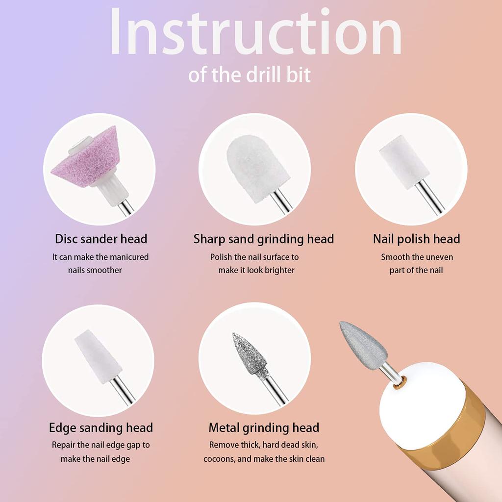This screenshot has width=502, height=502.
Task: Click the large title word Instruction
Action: tap(255, 31)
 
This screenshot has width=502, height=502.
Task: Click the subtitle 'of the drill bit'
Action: tap(250, 75)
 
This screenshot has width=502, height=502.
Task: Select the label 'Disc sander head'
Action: tap(101, 239)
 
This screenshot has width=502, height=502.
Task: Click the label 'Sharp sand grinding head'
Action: tap(263, 239)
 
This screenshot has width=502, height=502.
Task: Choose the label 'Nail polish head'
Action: tap(416, 239)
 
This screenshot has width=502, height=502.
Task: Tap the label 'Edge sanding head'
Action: tap(101, 427)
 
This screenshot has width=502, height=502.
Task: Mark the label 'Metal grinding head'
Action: tap(264, 427)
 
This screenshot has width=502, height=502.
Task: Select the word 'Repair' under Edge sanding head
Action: tap(63, 445)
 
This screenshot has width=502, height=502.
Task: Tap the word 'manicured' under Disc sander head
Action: tap(129, 257)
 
